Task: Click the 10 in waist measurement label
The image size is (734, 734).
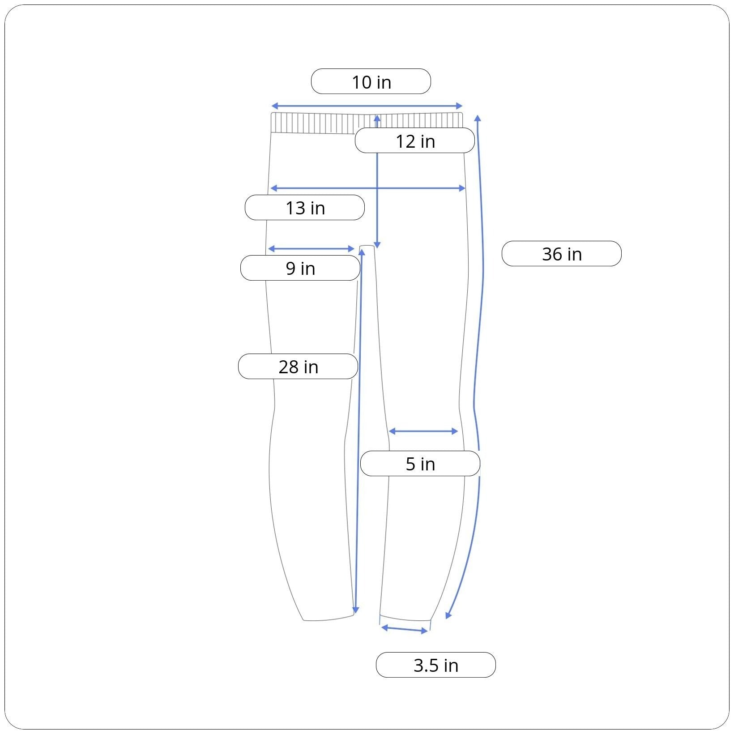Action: point(371,81)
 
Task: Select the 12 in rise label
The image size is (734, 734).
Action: point(415,141)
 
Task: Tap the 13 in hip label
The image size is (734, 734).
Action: point(305,208)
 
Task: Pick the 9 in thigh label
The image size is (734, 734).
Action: point(300,268)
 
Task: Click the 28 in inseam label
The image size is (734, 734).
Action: point(298,367)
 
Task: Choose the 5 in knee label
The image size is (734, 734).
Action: point(420,464)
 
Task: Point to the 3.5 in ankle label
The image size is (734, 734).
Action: point(436,665)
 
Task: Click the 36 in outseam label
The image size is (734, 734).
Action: point(562,254)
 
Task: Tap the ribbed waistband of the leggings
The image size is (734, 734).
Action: point(367,123)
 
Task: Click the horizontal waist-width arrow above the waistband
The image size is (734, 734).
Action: point(367,106)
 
